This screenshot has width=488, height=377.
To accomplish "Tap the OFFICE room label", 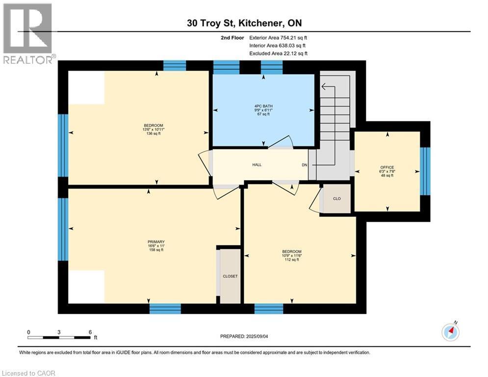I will click(x=387, y=167).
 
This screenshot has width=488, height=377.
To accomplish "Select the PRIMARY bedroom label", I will click(x=155, y=242).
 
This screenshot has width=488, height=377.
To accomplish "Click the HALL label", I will click(x=257, y=164).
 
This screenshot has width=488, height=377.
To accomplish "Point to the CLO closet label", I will click(x=336, y=199).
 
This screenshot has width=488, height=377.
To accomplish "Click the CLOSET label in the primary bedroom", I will click(x=230, y=276).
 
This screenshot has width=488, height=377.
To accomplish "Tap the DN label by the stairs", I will click(x=304, y=165).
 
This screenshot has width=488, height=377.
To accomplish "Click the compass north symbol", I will click(x=450, y=332).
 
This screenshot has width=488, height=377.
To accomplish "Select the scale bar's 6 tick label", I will click(x=90, y=332).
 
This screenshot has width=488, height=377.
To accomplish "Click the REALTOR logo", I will click(x=28, y=33).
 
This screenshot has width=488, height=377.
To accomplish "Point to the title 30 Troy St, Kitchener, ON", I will click(x=243, y=24).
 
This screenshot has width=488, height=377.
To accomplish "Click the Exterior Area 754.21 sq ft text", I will click(x=279, y=37).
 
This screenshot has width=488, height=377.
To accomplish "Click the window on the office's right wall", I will click(x=425, y=171).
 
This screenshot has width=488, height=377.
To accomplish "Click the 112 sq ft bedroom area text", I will click(x=291, y=260).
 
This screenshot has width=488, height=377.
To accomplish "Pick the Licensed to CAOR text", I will click(x=29, y=373).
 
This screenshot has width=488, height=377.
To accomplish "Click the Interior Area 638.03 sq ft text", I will click(x=279, y=46).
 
